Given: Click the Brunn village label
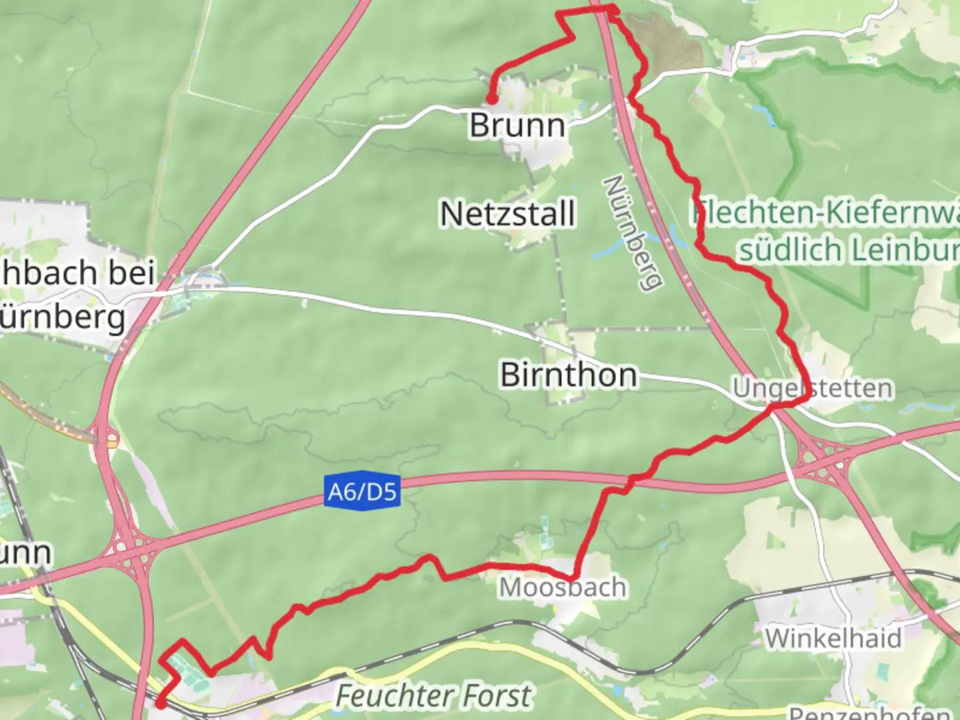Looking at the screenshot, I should pos(517,125).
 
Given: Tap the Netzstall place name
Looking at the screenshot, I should pos(507,214).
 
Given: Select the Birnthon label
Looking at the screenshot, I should pos(569,375).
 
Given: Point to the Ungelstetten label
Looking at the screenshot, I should pos(812,388).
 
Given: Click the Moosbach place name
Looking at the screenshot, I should pos(563,587).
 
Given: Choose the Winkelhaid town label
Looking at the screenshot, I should pos(833,638).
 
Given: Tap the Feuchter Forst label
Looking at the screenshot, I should pos(433,696).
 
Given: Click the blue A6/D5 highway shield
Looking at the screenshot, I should pos(362,492).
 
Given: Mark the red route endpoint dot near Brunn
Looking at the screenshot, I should pos(491,99).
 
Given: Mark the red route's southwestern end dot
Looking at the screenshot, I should pos(160,703).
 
